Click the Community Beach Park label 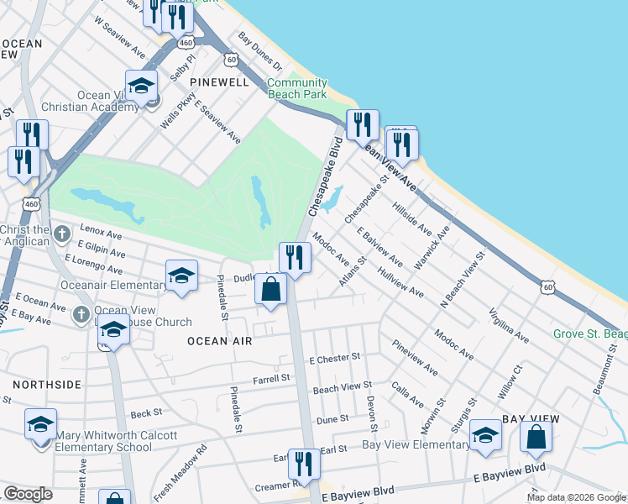pyautogui.click(x=296, y=88)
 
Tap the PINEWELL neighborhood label pyautogui.click(x=219, y=82)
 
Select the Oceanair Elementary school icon pyautogui.click(x=181, y=277)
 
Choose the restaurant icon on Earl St pyautogui.click(x=304, y=464)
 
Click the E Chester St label pyautogui.click(x=334, y=359)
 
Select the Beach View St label pyautogui.click(x=342, y=388)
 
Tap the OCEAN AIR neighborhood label pyautogui.click(x=219, y=341)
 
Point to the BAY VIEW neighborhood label pyautogui.click(x=531, y=418)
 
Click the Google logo pyautogui.click(x=28, y=494)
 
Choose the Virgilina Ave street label pyautogui.click(x=508, y=326)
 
